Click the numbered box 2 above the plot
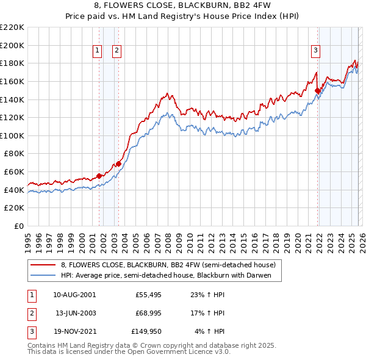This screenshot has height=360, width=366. point(116,51)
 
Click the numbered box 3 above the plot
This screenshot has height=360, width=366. point(316,51)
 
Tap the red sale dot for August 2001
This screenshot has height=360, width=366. point(99,176)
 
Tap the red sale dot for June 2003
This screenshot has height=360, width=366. point(118,164)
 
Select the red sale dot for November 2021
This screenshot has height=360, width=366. point(317,90)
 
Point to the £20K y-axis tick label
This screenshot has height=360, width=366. point(14,207)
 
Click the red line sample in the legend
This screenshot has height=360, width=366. point(43,265)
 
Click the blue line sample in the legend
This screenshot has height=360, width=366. point(43,275)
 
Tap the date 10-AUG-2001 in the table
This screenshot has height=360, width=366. point(74,294)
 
